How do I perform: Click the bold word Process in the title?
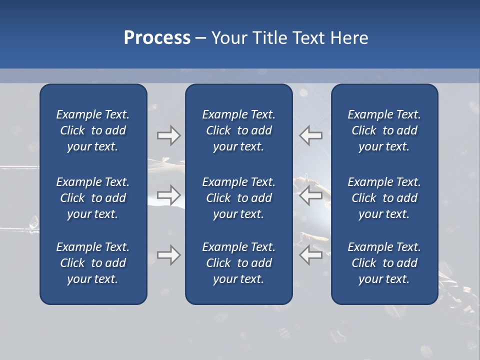click(157, 38)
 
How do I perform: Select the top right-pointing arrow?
click(168, 135)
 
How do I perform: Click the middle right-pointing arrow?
click(168, 195)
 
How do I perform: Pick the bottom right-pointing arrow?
click(168, 255)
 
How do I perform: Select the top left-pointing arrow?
click(311, 135)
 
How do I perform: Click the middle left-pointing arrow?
click(311, 195)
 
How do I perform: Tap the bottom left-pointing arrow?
click(311, 255)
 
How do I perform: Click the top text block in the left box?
click(93, 130)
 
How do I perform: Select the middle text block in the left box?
click(93, 198)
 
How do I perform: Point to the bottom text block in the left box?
click(93, 263)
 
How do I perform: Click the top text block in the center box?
click(238, 130)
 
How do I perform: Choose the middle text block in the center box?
click(238, 198)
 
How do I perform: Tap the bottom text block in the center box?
click(238, 263)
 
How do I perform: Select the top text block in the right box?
click(384, 130)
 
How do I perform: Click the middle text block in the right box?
click(384, 198)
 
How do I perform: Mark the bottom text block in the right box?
click(384, 263)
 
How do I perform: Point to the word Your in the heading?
click(229, 38)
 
